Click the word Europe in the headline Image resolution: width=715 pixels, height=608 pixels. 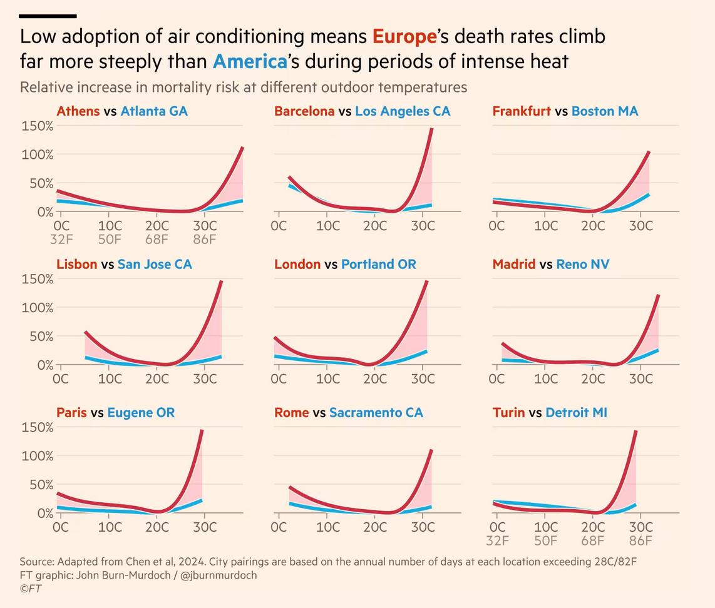[404, 37]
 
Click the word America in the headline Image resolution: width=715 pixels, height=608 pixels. [249, 62]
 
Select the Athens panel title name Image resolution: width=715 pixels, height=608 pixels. [78, 111]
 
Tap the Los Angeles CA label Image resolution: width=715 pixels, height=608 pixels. [403, 111]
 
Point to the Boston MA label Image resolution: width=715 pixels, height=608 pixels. [605, 111]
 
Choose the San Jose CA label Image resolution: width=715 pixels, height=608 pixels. [155, 265]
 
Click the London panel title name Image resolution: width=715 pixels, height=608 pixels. [297, 265]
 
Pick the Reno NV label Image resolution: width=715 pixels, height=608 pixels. [583, 265]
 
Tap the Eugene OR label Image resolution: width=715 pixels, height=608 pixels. [141, 413]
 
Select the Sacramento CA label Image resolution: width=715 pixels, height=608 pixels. [376, 413]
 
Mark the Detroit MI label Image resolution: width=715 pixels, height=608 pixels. [576, 413]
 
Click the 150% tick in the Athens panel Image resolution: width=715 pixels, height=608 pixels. [38, 126]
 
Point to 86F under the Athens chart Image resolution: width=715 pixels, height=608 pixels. [204, 240]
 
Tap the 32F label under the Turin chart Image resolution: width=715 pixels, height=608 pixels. [497, 541]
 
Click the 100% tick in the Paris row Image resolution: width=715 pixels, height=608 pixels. [38, 456]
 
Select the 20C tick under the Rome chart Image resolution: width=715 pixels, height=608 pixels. [375, 527]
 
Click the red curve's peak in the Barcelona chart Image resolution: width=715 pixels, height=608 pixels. [431, 129]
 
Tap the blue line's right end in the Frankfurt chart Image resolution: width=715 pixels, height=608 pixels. [648, 195]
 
